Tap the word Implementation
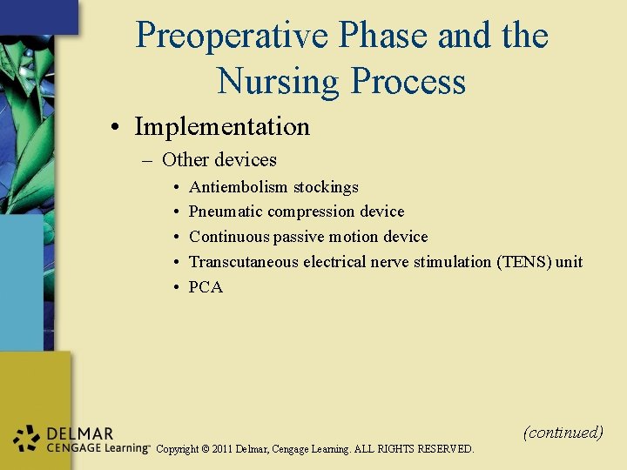tap(222, 127)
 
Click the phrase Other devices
tap(219, 160)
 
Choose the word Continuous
tap(229, 237)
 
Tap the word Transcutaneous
tap(244, 262)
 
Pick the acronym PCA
tap(206, 287)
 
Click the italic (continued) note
tap(563, 432)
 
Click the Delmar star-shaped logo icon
tap(27, 440)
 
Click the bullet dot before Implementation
tap(116, 128)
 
